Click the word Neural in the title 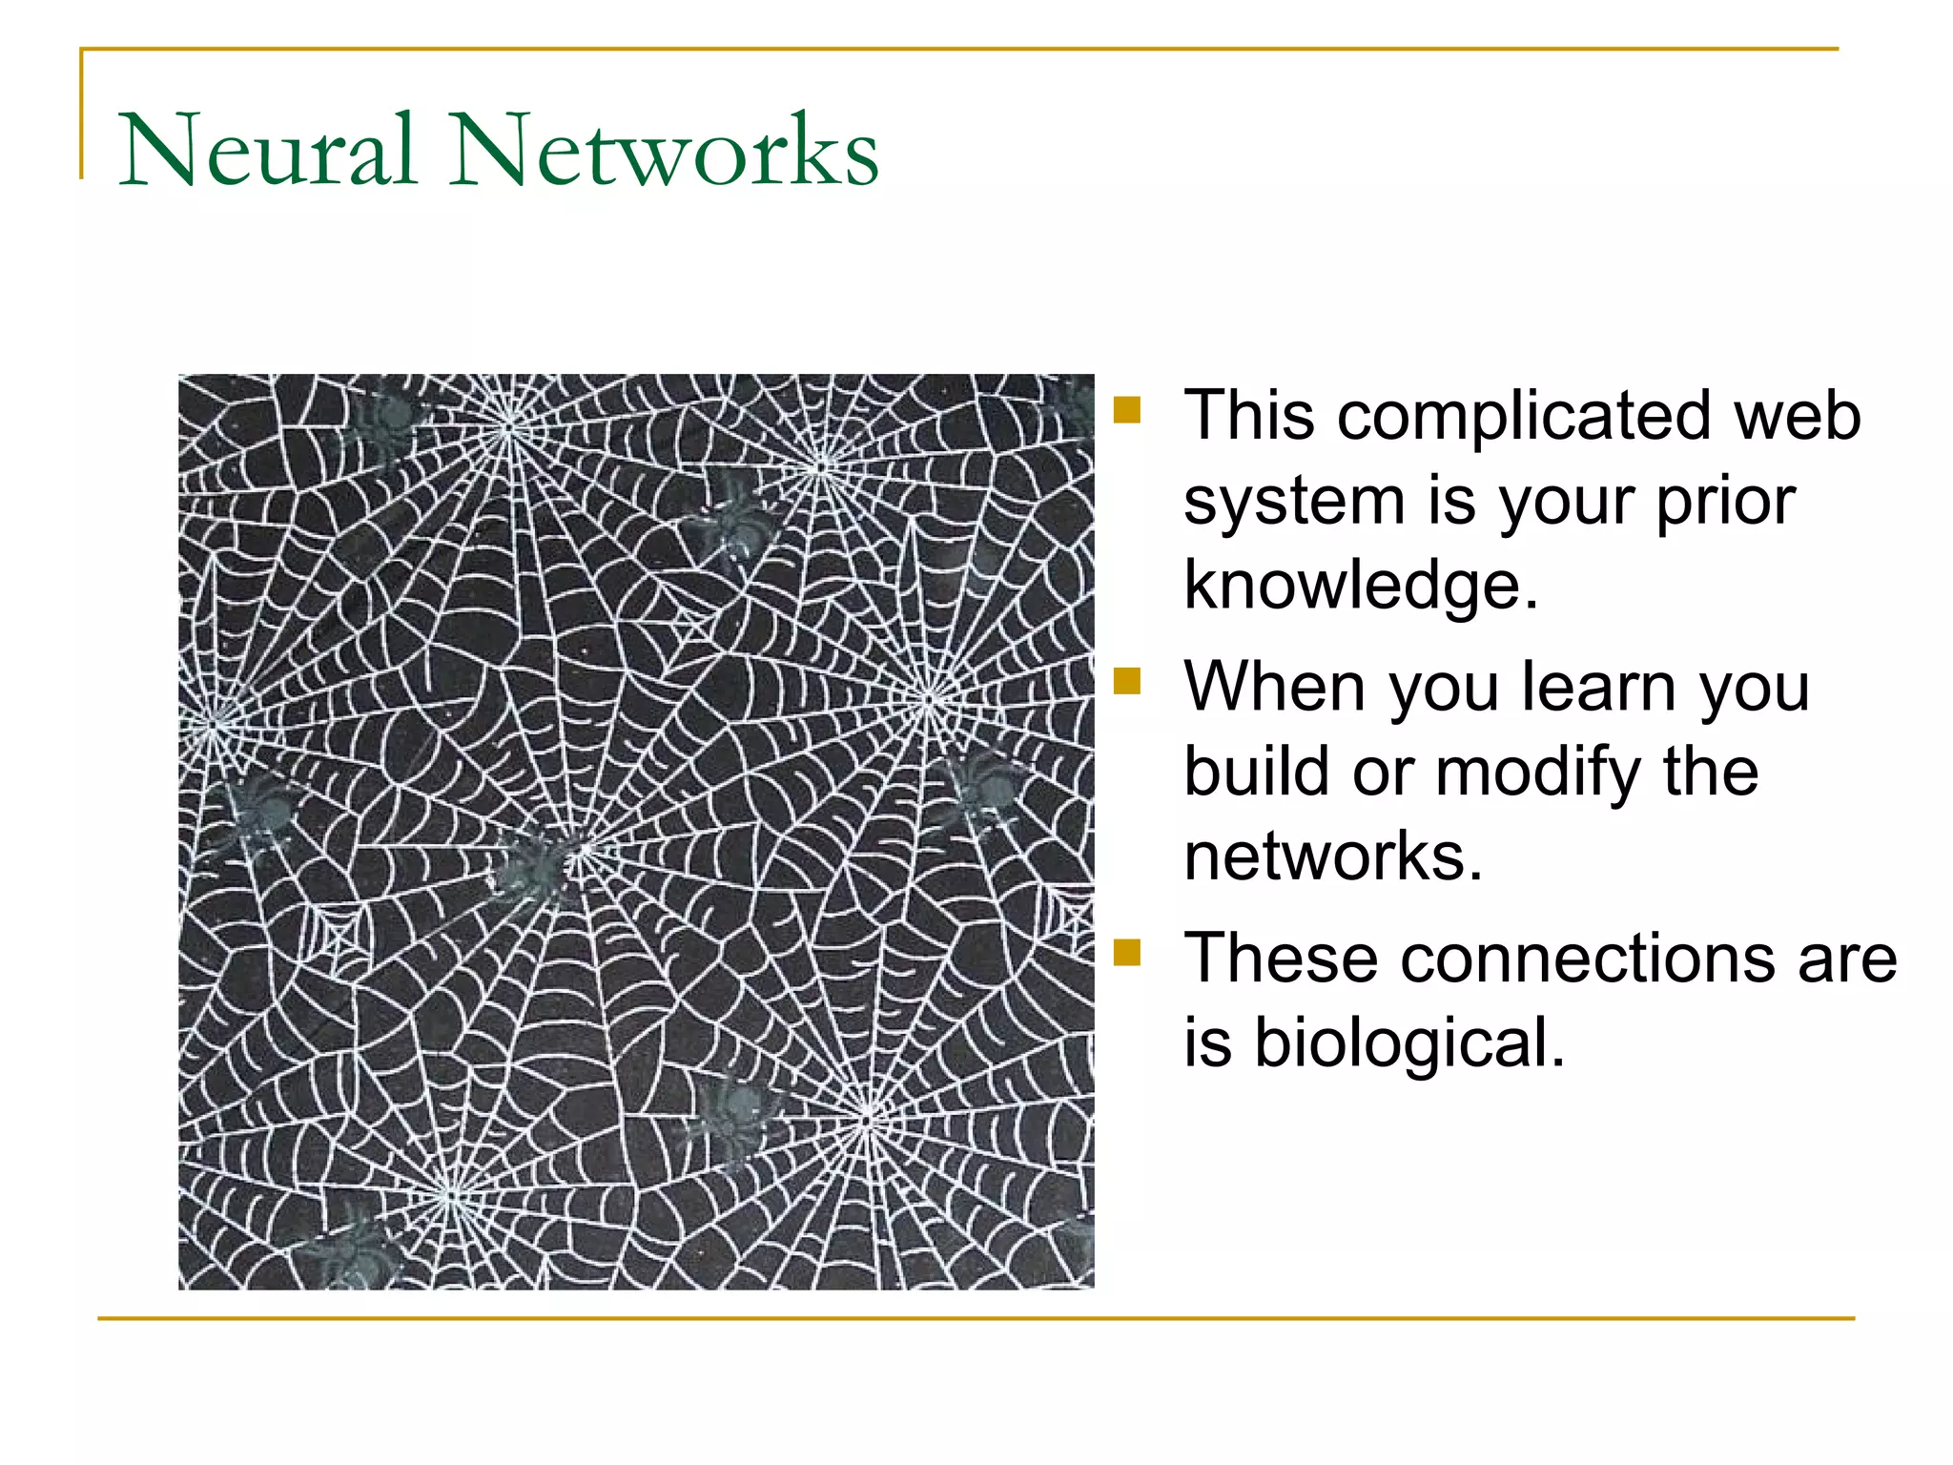point(268,151)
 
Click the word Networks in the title point(665,151)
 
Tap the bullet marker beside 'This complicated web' point(1126,410)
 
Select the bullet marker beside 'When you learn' point(1126,681)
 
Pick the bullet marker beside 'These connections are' point(1126,952)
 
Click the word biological point(1408,1042)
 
